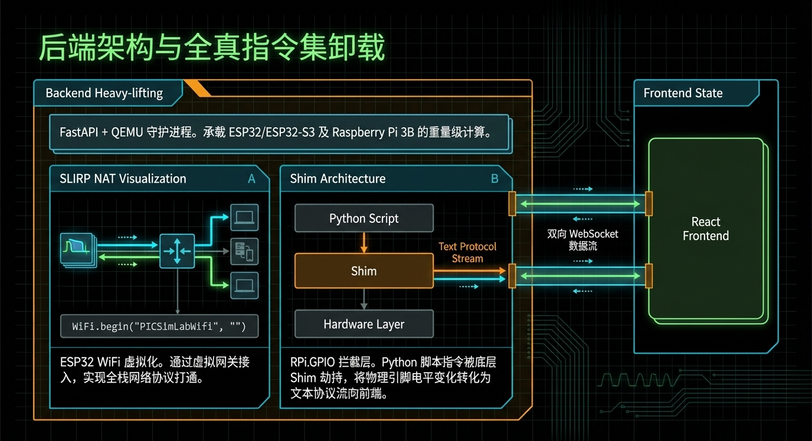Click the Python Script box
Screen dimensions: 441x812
[364, 218]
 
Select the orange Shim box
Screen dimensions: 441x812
[364, 271]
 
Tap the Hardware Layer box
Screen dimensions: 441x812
[364, 324]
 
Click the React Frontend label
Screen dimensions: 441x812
[706, 229]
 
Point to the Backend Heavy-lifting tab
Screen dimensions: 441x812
[104, 93]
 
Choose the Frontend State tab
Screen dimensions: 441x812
[683, 93]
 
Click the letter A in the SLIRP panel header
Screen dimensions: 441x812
[251, 179]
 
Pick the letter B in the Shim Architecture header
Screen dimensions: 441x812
[495, 179]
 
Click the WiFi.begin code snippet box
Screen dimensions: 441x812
[159, 325]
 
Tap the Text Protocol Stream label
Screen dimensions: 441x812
[467, 252]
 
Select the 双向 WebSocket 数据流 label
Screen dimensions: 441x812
[583, 240]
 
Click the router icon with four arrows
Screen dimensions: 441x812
[177, 251]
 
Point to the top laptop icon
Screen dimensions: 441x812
[244, 217]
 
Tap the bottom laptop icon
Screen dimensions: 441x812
[244, 285]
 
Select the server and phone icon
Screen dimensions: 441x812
[244, 251]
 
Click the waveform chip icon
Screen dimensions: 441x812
[77, 250]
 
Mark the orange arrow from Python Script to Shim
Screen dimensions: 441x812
[364, 242]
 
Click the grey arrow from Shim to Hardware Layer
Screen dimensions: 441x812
[364, 299]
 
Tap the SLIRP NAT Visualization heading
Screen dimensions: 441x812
[123, 179]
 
